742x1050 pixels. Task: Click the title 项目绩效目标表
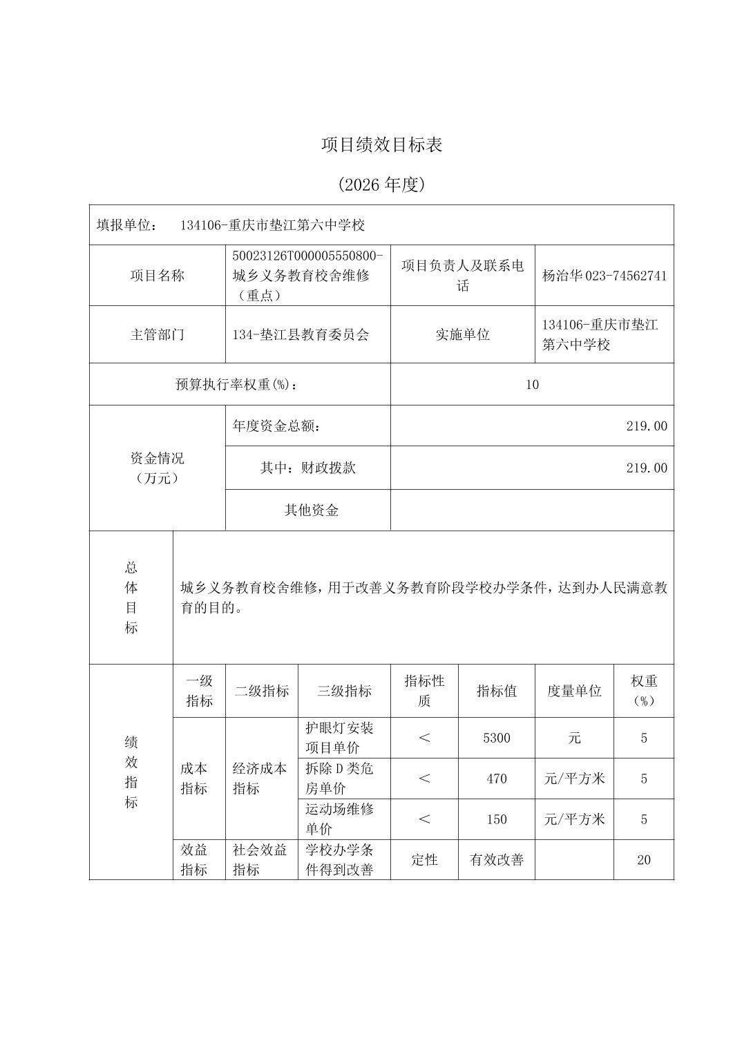click(x=381, y=144)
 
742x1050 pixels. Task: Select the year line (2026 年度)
click(x=381, y=184)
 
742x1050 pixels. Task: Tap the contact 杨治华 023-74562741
click(x=605, y=276)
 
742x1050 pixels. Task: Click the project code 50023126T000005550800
click(x=307, y=256)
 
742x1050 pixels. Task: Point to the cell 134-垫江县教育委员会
click(x=301, y=334)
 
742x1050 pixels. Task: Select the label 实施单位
click(x=462, y=334)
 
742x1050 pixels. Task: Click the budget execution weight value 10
click(x=531, y=385)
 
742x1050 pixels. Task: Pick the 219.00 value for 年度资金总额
click(x=647, y=426)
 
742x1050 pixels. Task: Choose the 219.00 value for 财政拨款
click(x=647, y=468)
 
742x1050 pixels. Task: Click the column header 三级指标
click(x=344, y=691)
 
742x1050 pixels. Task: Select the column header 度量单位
click(x=574, y=691)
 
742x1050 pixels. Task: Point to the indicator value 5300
click(x=497, y=738)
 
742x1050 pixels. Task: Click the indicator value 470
click(x=497, y=779)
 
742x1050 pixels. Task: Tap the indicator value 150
click(x=497, y=819)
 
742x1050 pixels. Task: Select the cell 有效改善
click(x=497, y=860)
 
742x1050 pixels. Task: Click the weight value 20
click(x=644, y=860)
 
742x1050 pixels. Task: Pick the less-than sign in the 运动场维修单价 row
click(x=424, y=819)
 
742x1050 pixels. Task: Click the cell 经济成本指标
click(x=260, y=779)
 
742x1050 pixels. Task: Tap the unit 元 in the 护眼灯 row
click(x=574, y=738)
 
